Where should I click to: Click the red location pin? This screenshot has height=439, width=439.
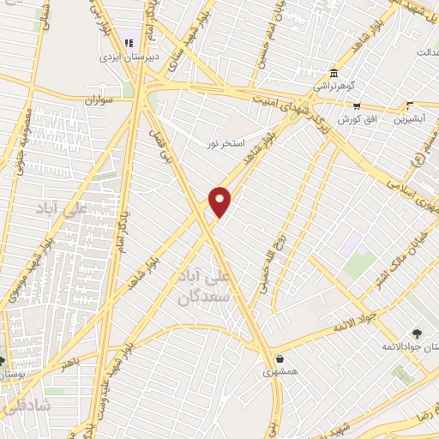(220, 201)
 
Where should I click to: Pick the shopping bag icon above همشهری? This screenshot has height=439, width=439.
(280, 358)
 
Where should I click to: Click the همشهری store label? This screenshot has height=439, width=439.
(280, 374)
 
